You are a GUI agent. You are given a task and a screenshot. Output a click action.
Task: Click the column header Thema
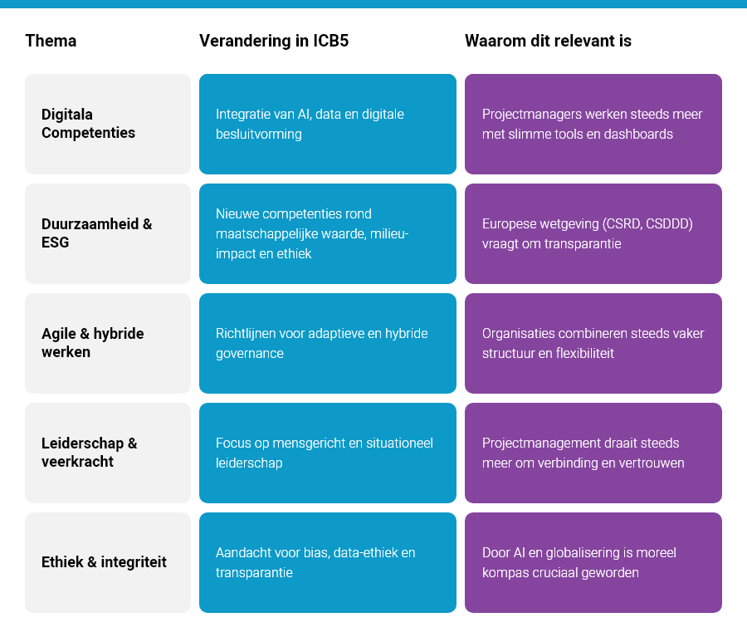point(51,41)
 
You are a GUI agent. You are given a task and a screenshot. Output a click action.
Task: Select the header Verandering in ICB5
point(274,41)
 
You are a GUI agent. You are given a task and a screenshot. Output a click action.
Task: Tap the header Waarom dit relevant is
point(548,41)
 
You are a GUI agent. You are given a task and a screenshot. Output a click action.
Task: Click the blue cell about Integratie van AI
point(327,124)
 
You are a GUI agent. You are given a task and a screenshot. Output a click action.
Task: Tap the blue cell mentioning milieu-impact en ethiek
point(327,233)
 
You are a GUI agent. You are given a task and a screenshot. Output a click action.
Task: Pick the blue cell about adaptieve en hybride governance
point(327,343)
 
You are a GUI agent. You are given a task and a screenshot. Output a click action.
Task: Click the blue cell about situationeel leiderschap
point(327,453)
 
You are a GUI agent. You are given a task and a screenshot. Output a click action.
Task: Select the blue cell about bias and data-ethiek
point(327,562)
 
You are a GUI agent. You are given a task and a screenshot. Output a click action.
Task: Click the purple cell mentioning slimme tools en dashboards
point(593,124)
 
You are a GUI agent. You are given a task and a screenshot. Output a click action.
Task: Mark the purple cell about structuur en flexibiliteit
point(593,343)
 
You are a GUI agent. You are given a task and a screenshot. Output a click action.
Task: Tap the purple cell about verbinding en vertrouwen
point(593,453)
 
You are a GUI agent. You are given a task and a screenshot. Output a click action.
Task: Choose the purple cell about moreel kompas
point(593,562)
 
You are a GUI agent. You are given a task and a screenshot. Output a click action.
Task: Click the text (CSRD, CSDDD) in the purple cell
point(645,223)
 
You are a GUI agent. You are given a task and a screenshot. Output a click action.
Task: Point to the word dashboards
point(638,134)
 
